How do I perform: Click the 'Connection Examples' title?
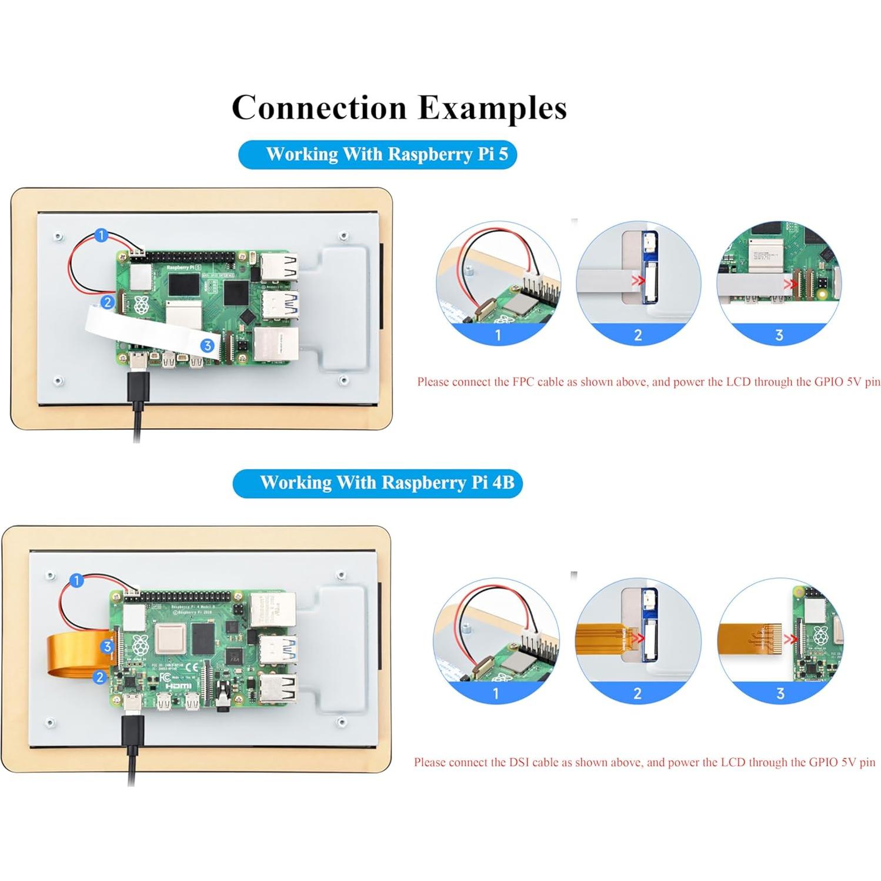pyautogui.click(x=399, y=108)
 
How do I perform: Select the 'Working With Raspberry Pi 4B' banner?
pyautogui.click(x=377, y=483)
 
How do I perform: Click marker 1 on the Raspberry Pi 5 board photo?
pyautogui.click(x=101, y=235)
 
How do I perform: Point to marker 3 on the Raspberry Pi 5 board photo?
pyautogui.click(x=207, y=345)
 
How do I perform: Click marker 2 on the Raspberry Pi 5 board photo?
pyautogui.click(x=107, y=302)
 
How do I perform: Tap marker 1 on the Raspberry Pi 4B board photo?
pyautogui.click(x=76, y=580)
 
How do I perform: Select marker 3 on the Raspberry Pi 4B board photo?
pyautogui.click(x=107, y=647)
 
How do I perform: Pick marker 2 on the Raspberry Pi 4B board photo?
pyautogui.click(x=100, y=677)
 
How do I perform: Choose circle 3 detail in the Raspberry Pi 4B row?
pyautogui.click(x=780, y=641)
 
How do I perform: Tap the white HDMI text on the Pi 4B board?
pyautogui.click(x=178, y=686)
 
